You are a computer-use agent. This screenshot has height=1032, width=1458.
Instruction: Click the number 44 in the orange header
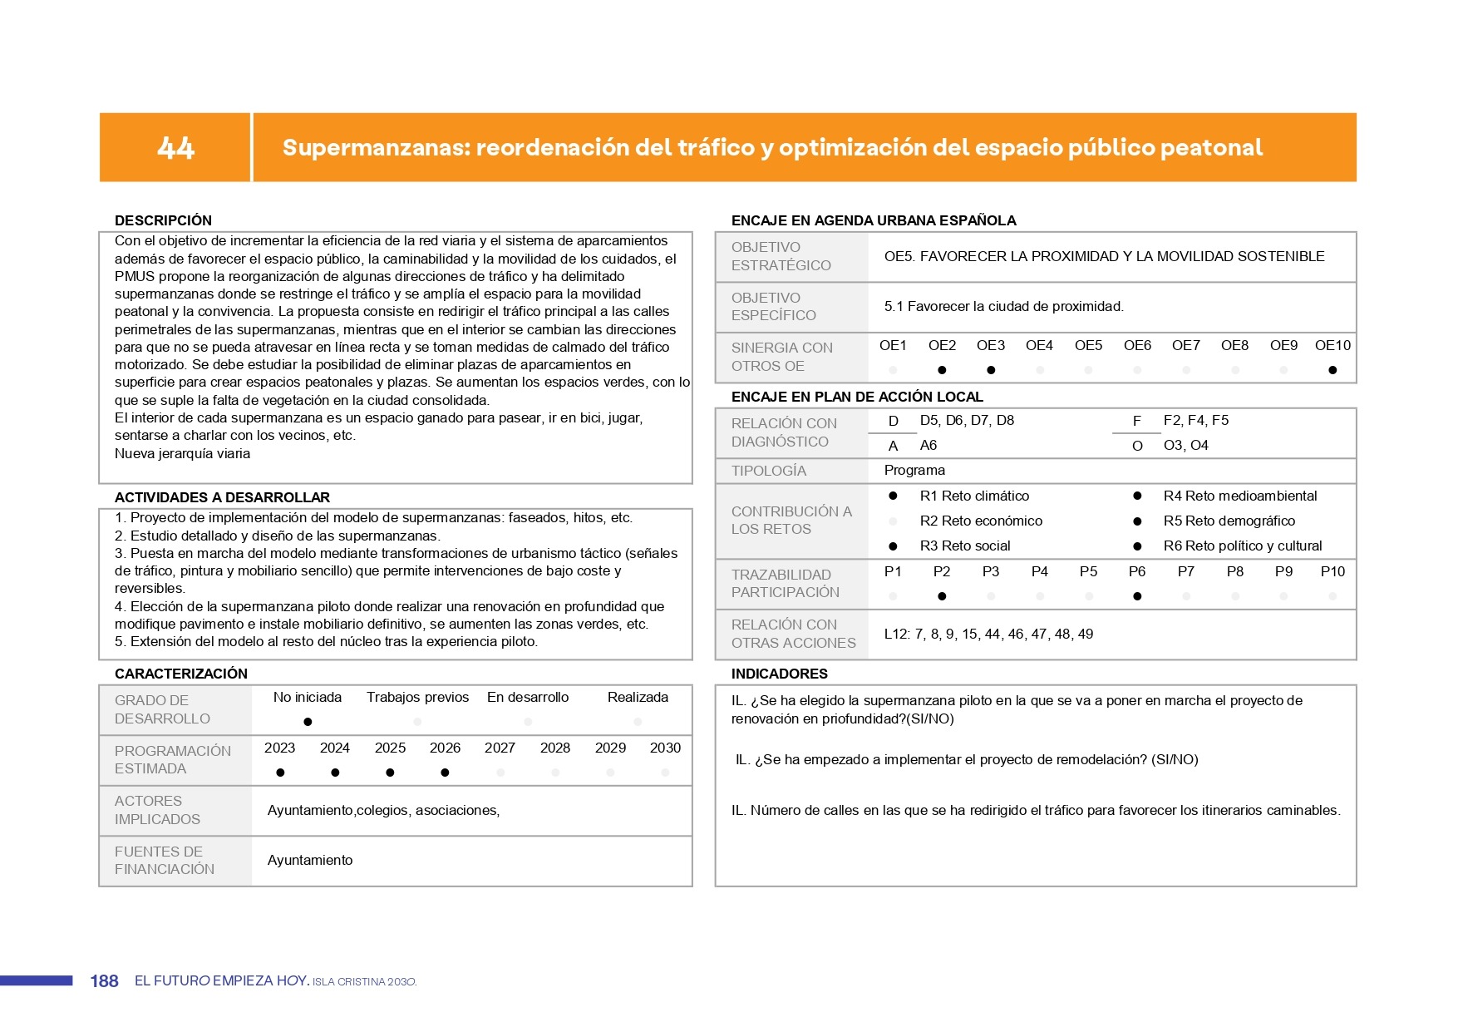[x=175, y=148]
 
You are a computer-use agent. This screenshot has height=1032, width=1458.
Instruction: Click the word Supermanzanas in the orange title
[x=376, y=148]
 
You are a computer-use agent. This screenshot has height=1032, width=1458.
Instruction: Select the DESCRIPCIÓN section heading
[x=163, y=220]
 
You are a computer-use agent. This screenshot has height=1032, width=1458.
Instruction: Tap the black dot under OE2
[x=942, y=370]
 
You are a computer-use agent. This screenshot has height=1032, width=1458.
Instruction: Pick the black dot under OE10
[x=1332, y=370]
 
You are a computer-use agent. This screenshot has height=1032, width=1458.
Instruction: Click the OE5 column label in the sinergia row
[x=1088, y=345]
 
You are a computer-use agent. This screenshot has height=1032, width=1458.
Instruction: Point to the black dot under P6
[x=1137, y=596]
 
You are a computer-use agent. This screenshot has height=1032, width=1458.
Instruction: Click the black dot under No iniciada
[x=308, y=722]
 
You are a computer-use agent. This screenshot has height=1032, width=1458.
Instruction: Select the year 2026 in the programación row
[x=445, y=748]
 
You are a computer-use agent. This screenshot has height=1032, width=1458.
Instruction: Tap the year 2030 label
[x=665, y=748]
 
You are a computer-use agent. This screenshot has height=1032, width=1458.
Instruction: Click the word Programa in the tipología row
[x=914, y=470]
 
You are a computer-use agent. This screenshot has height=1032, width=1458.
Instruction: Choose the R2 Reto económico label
[x=981, y=521]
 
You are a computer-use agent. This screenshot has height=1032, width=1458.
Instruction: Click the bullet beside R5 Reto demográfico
[x=1137, y=521]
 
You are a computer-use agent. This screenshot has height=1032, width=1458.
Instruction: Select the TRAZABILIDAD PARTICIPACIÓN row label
[x=785, y=583]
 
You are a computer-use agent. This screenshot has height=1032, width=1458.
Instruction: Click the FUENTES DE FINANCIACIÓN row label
[x=164, y=860]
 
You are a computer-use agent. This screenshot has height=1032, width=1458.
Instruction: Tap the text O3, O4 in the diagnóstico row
[x=1185, y=445]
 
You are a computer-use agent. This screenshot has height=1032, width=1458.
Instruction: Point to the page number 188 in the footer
[x=104, y=981]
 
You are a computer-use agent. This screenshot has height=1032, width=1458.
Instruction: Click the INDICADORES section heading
[x=779, y=674]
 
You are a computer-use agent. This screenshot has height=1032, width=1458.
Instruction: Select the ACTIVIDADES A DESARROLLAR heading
[x=222, y=497]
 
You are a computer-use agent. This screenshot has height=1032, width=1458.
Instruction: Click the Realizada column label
[x=638, y=697]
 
